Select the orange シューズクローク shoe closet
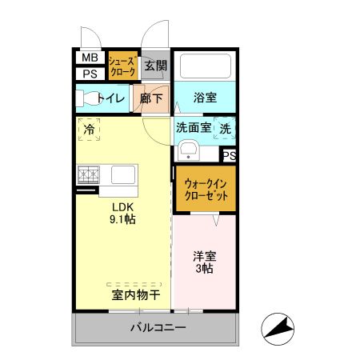pos(122,66)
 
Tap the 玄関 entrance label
pos(156,66)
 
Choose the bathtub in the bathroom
pos(204,66)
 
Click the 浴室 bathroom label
pos(205,98)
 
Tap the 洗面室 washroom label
pos(194,127)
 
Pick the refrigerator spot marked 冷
pos(89,128)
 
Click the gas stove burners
pos(88,174)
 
